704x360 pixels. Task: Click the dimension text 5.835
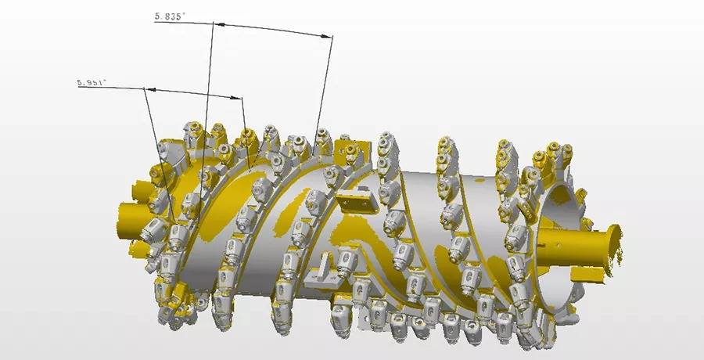[x=170, y=16]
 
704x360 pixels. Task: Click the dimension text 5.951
[x=92, y=83]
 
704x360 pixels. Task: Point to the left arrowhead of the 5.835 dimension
[x=219, y=23]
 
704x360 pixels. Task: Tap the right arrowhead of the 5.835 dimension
[x=327, y=35]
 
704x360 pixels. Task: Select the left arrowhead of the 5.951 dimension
[x=150, y=89]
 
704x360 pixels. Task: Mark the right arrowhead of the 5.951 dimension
[x=236, y=97]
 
